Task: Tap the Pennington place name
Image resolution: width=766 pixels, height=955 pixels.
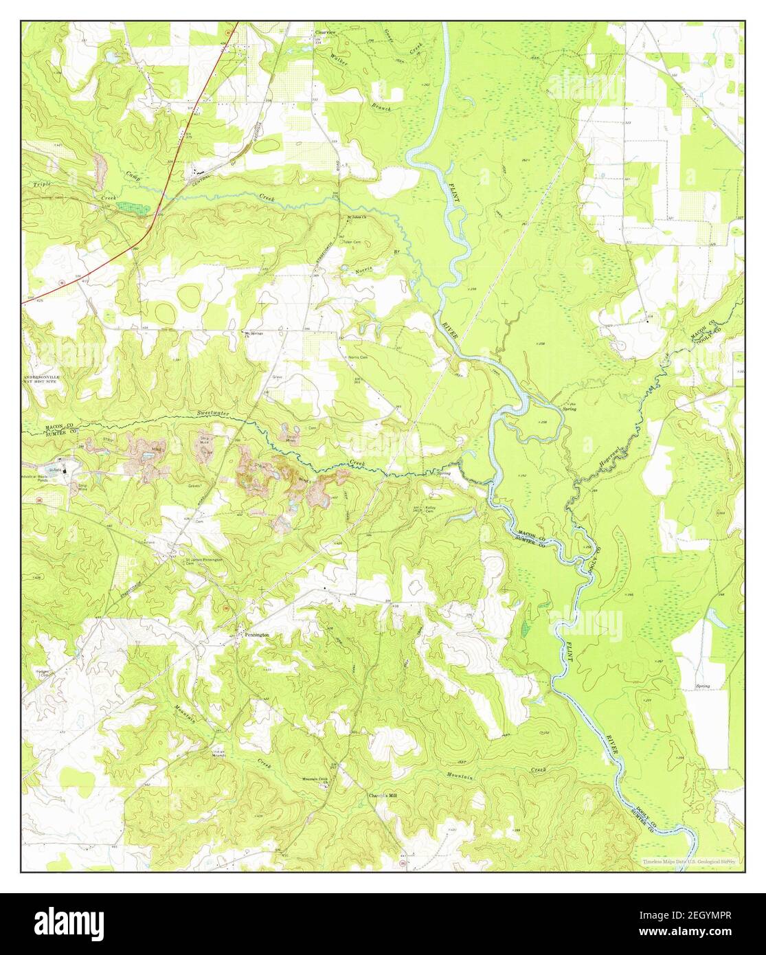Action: tap(256, 635)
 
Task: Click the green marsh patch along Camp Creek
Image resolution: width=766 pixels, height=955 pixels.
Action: tap(131, 206)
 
